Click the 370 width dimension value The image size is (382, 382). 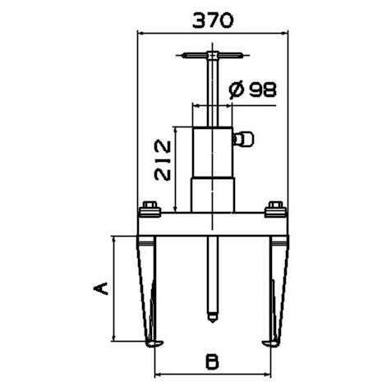tap(213, 21)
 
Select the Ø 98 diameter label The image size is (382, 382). tap(252, 90)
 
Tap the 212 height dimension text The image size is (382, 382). tap(163, 160)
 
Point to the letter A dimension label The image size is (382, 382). tap(100, 288)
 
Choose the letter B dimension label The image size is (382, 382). tap(212, 361)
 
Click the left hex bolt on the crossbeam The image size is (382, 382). tap(150, 209)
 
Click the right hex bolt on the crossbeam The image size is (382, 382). tap(276, 209)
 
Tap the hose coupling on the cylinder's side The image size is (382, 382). tap(243, 139)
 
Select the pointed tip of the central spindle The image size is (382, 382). tap(213, 321)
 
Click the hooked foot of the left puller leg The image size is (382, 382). tap(154, 343)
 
